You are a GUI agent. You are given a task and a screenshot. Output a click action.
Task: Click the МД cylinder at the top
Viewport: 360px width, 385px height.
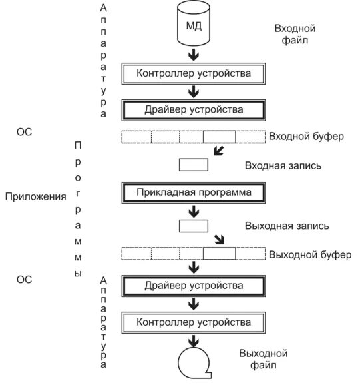tap(194, 23)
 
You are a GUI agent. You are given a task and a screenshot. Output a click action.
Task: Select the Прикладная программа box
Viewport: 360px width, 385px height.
tap(194, 192)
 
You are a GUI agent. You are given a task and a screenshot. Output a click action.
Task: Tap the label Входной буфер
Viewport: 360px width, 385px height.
tap(306, 137)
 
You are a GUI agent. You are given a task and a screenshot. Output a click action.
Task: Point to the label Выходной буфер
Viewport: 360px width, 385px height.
tap(310, 255)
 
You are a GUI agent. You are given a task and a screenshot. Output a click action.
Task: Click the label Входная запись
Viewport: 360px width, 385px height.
tap(283, 166)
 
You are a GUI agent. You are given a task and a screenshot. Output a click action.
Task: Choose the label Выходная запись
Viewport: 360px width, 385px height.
tap(287, 226)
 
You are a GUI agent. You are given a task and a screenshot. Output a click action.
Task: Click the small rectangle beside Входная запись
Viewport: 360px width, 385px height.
tap(194, 165)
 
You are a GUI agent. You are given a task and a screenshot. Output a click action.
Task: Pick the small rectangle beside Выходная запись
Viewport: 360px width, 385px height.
tap(194, 226)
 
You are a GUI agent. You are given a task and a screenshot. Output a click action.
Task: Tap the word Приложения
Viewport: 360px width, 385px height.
tap(36, 197)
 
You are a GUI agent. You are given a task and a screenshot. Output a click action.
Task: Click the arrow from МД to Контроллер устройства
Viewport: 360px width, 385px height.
tap(194, 55)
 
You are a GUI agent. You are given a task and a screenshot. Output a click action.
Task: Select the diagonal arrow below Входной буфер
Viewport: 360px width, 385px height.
tap(219, 151)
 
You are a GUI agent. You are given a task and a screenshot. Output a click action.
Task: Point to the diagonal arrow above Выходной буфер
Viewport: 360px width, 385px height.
tap(219, 240)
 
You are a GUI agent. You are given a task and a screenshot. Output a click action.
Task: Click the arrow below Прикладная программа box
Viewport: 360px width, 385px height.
tap(194, 212)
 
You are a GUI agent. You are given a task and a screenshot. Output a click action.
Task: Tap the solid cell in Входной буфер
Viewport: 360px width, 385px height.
tap(219, 137)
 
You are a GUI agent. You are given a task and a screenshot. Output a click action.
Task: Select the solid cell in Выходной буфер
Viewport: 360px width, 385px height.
tap(219, 254)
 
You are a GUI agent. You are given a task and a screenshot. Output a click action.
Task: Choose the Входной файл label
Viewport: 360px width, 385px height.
tap(295, 35)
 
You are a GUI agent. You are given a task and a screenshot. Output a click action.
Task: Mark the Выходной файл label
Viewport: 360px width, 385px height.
tap(264, 359)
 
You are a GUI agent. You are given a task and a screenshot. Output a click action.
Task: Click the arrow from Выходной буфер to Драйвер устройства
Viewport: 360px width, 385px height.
tap(194, 267)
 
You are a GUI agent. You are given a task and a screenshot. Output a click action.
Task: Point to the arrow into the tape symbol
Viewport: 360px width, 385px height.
tap(194, 341)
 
